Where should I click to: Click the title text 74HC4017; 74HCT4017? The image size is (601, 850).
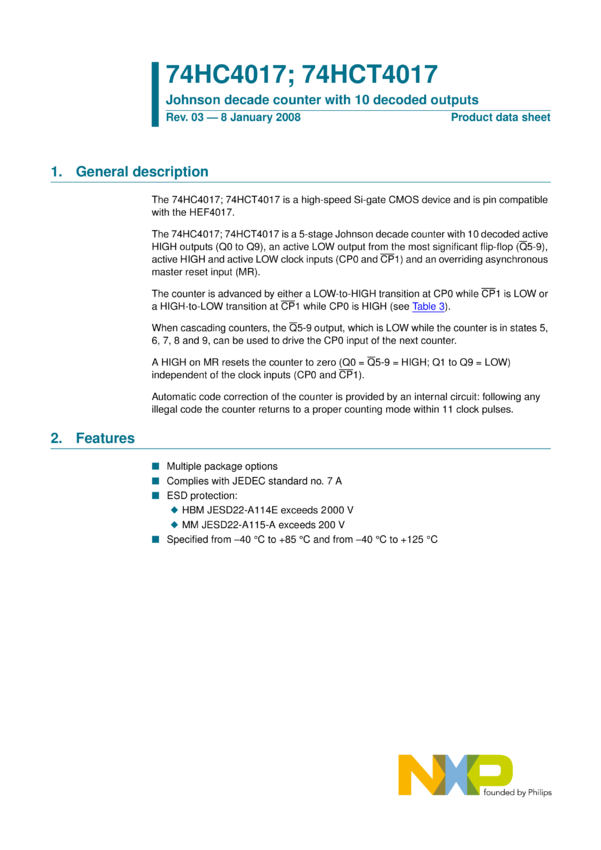(x=301, y=74)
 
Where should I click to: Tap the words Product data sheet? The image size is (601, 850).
(x=500, y=118)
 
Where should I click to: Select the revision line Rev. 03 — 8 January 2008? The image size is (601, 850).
(x=233, y=118)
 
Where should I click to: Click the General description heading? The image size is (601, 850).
(x=142, y=172)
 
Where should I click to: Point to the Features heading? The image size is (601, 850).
(x=105, y=438)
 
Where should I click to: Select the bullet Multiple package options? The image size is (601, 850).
(x=222, y=467)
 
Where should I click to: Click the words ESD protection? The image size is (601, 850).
(x=202, y=495)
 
